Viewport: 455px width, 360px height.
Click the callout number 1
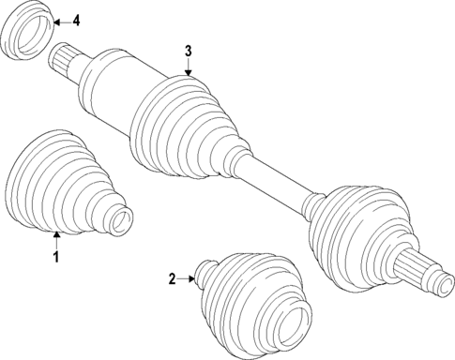point(55,255)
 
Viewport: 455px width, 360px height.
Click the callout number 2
point(172,277)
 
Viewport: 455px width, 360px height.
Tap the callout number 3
point(188,49)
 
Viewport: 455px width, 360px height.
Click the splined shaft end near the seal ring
point(63,60)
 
